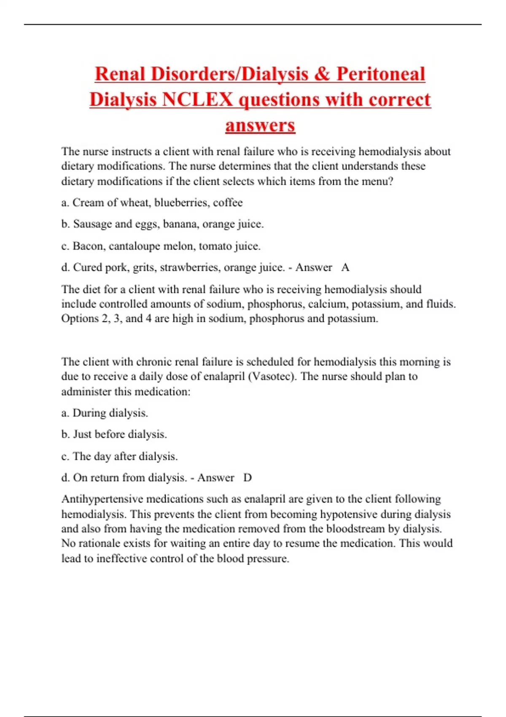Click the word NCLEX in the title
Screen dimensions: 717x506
pos(197,100)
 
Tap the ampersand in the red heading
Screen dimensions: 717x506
pos(322,74)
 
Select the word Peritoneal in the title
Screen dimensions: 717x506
pos(380,74)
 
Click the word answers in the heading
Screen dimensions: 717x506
pos(260,125)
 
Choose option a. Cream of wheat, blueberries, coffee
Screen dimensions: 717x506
pos(152,203)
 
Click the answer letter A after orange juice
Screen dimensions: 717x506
pos(345,267)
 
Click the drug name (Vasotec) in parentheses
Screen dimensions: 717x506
pos(272,376)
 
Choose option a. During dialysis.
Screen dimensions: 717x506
pos(105,413)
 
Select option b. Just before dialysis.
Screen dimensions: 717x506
pos(114,434)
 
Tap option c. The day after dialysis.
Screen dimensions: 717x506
pos(119,456)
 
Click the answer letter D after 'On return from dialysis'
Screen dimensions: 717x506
pos(248,478)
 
